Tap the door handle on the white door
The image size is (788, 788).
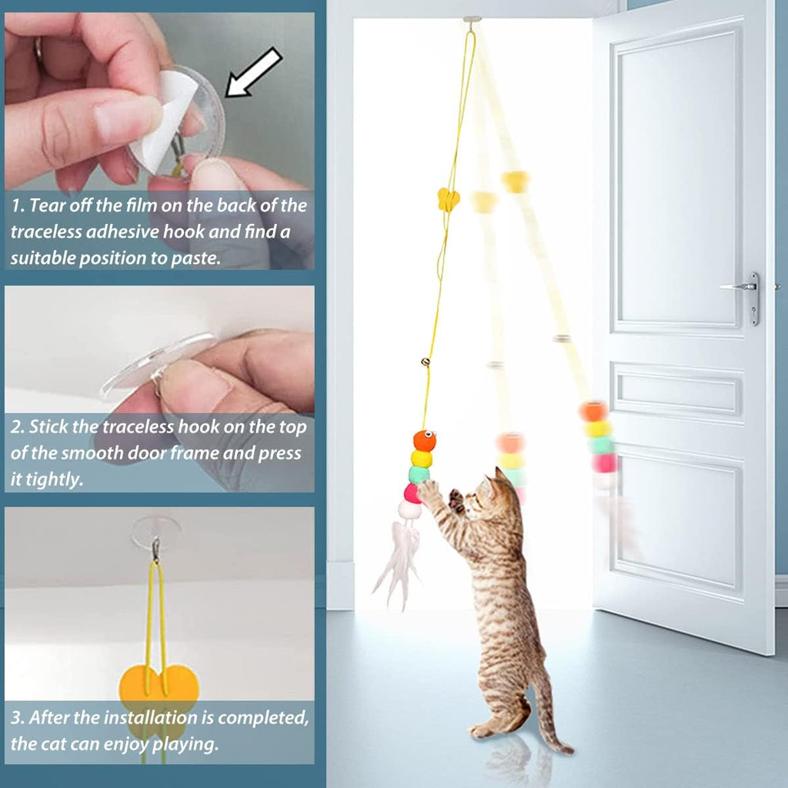point(743,288)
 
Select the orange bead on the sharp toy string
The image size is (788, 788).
point(424,440)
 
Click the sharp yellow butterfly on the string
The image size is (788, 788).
point(448,199)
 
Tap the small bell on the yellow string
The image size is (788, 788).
point(425,360)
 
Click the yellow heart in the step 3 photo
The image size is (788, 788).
point(159,685)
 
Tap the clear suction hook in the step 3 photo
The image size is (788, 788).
point(155,531)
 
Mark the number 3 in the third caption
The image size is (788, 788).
point(16,720)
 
